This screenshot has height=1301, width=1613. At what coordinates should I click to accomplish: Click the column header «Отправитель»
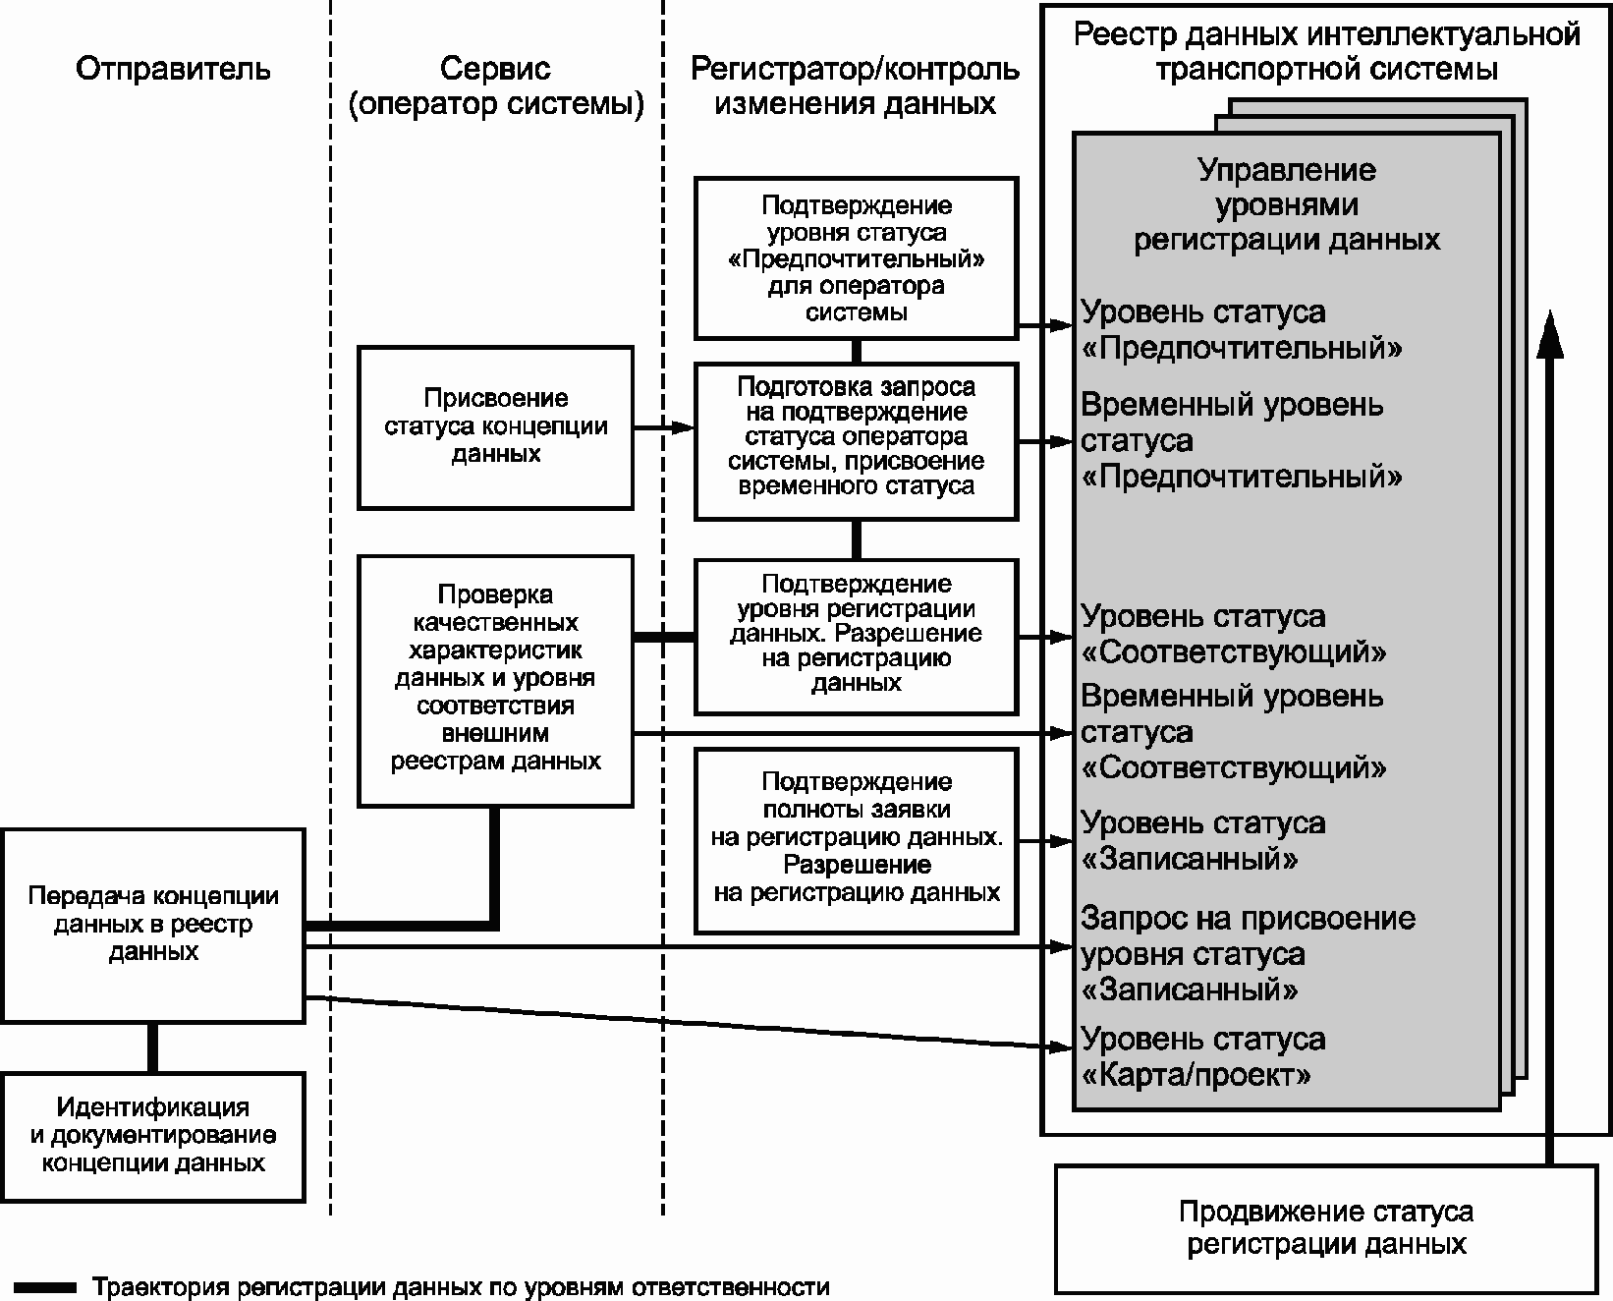pos(173,69)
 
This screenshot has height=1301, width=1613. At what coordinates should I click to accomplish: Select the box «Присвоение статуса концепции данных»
pos(495,426)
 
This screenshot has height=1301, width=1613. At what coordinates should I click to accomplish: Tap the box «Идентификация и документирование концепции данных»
pos(152,1136)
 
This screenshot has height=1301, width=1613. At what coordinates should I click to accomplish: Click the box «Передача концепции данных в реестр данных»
pos(152,925)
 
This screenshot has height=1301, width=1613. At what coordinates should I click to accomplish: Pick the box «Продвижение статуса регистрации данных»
pos(1325,1228)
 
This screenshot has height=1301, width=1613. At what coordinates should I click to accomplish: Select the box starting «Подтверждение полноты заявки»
pos(856,838)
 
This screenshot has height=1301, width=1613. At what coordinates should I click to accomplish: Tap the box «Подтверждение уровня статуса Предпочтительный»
pos(856,257)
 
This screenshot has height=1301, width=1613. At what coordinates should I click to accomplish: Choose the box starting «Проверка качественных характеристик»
pos(495,678)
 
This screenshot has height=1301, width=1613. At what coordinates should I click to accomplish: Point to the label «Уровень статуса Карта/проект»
pos(1203,1056)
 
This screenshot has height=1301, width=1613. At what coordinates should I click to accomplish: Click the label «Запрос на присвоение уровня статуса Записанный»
pos(1248,953)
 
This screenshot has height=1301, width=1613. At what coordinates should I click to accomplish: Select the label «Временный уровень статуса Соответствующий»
pos(1234,731)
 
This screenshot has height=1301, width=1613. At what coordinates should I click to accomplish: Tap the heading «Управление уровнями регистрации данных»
pos(1287,204)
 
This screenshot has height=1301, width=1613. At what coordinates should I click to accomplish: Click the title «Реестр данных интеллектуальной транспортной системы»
pos(1326,51)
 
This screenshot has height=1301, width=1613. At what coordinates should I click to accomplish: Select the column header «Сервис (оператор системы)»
pos(495,85)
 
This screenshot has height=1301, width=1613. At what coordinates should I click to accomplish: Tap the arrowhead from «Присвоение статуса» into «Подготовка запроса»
pos(684,427)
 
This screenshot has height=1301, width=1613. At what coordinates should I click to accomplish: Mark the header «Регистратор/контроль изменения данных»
pos(856,85)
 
